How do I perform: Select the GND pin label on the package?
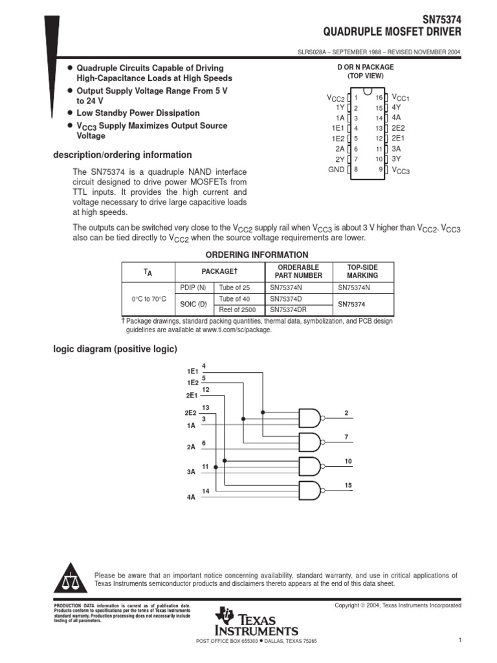[336, 170]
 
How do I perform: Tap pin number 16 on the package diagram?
[379, 97]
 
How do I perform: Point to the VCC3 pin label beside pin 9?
[401, 170]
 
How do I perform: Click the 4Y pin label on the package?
[396, 107]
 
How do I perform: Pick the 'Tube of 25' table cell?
[234, 287]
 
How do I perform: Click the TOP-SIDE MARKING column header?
[362, 271]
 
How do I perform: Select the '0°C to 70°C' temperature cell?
[148, 298]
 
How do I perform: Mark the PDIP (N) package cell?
[193, 287]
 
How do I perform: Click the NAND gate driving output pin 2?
[309, 418]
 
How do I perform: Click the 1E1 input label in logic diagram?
[192, 372]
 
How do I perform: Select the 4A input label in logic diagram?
[191, 498]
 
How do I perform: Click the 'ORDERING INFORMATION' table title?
[257, 254]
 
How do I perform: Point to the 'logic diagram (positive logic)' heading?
[115, 350]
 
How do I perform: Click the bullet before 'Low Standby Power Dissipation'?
[70, 113]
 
